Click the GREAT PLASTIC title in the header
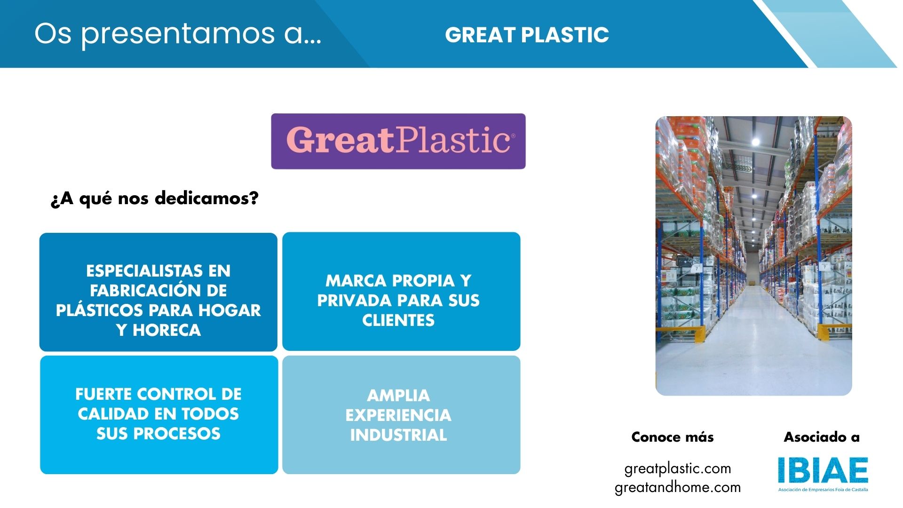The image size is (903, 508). (527, 35)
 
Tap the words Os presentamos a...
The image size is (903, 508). (178, 34)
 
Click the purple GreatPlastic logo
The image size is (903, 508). (398, 141)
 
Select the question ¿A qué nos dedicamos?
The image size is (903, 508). (155, 198)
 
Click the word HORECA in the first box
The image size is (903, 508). (167, 330)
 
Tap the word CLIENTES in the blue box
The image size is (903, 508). (398, 320)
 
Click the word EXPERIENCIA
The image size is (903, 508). (398, 415)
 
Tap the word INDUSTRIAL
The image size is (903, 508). (398, 435)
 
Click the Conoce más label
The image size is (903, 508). (673, 437)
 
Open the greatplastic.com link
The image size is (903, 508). (678, 468)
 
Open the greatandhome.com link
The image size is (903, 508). (678, 487)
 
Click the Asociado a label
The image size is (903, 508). (822, 437)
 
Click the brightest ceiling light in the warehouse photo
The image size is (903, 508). (755, 142)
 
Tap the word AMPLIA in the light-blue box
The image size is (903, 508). (398, 396)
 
